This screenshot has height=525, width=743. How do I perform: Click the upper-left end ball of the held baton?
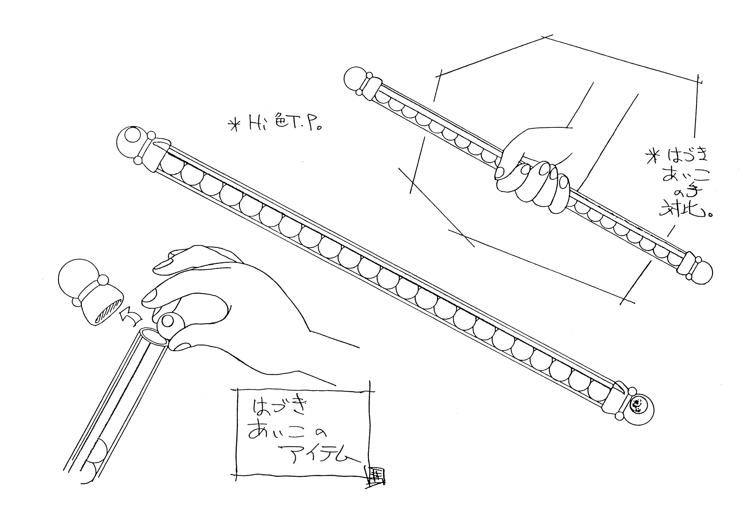pos(356,79)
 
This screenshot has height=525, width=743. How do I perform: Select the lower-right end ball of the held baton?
pos(701,271)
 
